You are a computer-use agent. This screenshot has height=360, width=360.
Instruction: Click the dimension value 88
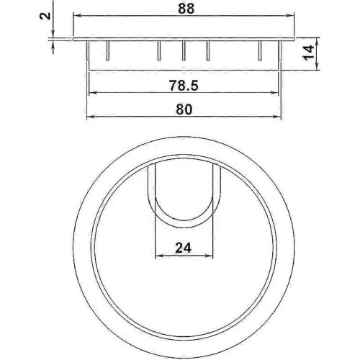(x=186, y=9)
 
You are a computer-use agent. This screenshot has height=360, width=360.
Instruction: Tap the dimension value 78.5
(x=184, y=86)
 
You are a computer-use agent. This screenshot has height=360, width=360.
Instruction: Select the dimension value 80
(x=184, y=109)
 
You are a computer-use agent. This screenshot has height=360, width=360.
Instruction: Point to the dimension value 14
(x=309, y=53)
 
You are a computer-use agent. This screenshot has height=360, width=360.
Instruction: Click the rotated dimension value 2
(x=45, y=16)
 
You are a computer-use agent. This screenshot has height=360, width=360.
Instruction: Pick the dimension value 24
(x=183, y=248)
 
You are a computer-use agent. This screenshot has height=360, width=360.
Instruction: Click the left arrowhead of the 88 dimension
(x=76, y=16)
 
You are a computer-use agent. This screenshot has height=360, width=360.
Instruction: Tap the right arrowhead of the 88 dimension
(x=291, y=16)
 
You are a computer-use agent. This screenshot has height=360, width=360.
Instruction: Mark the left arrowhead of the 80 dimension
(x=90, y=117)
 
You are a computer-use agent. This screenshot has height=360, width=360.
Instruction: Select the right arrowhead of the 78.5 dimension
(x=275, y=93)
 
